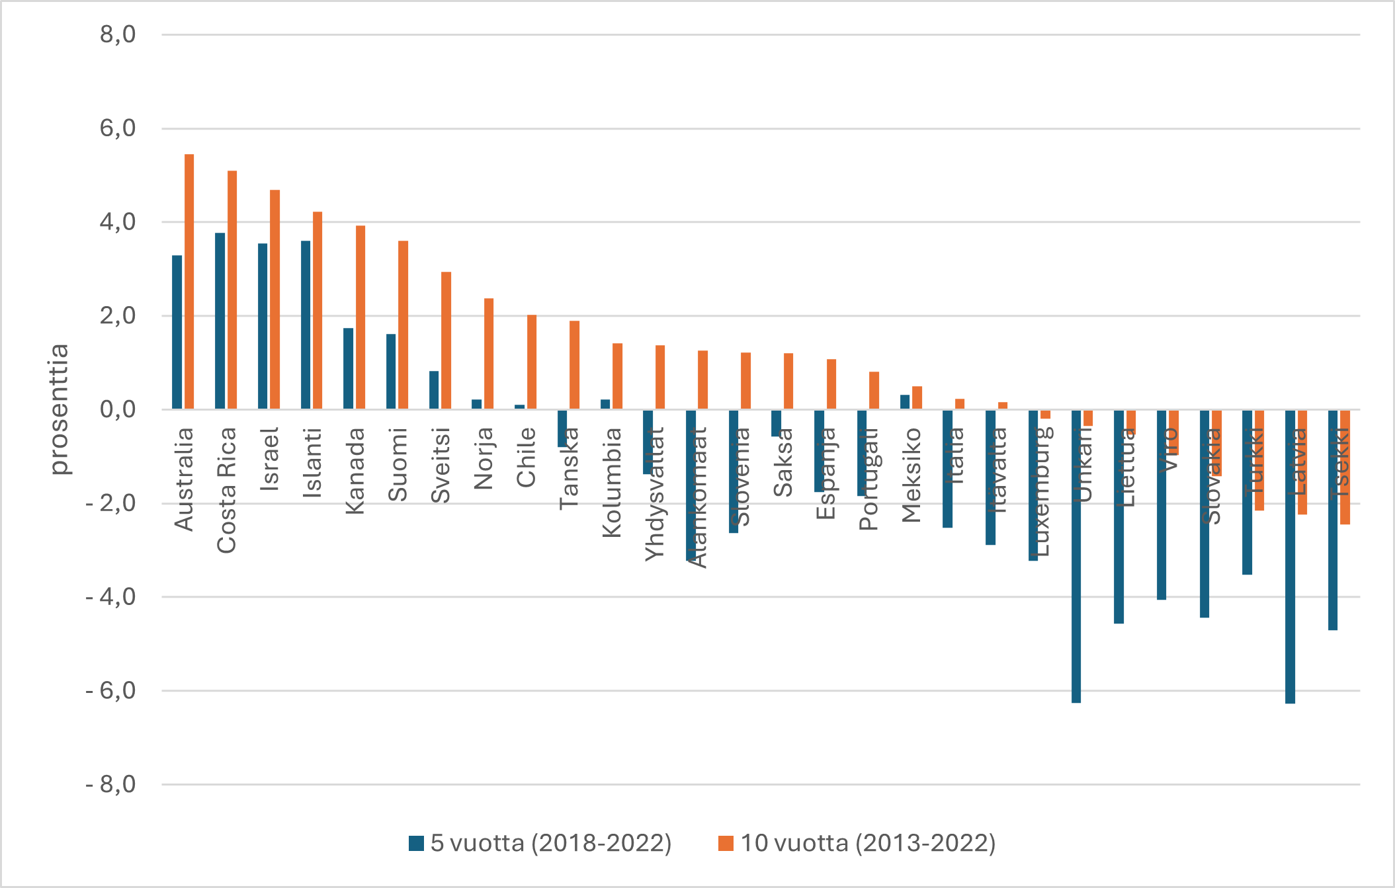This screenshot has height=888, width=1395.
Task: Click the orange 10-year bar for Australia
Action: coord(189,281)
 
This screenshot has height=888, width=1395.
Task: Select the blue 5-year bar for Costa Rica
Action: coord(220,321)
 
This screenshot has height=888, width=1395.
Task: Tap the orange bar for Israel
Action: coord(275,299)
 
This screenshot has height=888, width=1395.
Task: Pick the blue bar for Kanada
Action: coord(348,368)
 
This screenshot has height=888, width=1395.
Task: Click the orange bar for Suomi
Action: coord(403,325)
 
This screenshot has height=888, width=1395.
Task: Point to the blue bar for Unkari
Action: coord(1076,555)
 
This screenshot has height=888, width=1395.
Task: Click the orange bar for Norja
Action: coord(489,354)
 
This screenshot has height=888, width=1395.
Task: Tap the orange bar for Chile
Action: coord(532,362)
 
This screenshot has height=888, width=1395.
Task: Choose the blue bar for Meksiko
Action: coord(905,402)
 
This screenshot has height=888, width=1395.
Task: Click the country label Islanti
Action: coord(312,462)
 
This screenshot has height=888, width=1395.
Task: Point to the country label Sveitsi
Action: coord(441,465)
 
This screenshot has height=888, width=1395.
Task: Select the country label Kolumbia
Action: coord(612,482)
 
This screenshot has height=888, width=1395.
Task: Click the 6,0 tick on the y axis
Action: coord(118,128)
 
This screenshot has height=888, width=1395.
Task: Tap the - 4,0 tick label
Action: coord(110,597)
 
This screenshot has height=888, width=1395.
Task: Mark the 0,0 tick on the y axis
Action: coord(118,409)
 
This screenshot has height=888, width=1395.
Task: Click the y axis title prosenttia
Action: coord(59,409)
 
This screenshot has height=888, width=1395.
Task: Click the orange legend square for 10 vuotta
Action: coord(726,843)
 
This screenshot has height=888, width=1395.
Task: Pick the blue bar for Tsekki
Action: coord(1332,519)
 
